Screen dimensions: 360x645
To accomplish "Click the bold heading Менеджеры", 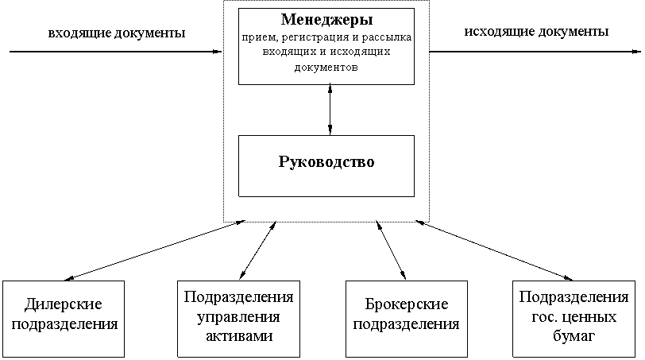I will point(326,19).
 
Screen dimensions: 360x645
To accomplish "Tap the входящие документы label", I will point(117,33).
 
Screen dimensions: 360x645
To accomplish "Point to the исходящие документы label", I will point(535,33).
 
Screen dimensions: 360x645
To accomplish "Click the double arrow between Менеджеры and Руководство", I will point(330,109).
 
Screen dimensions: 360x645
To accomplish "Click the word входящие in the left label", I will point(77,33).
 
